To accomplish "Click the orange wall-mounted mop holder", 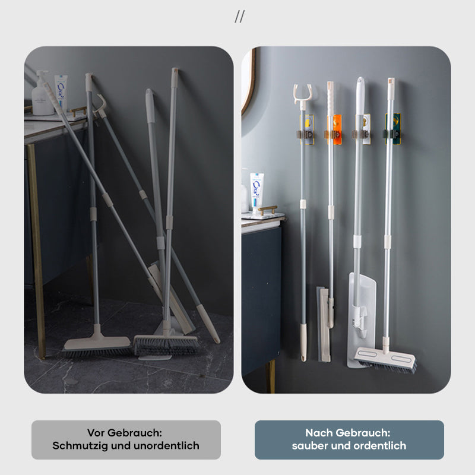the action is point(335,129).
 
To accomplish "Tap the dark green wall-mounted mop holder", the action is point(392,129).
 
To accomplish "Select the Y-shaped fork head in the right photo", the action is point(302,94).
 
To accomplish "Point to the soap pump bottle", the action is point(42,94).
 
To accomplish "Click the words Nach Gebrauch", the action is point(348,433).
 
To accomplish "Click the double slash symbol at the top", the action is point(239,17).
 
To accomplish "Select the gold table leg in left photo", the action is point(37,251).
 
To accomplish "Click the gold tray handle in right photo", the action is point(268,209).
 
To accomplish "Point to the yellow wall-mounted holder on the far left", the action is point(306,129).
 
